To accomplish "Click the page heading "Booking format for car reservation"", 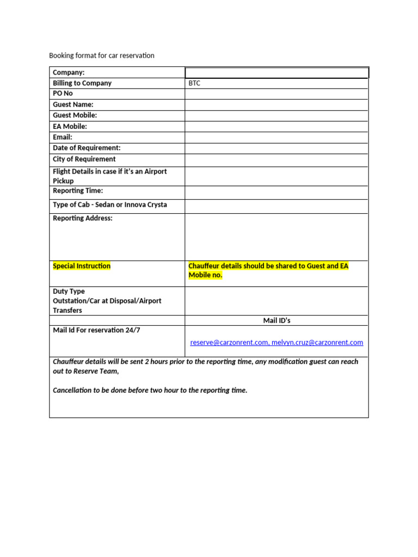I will [x=102, y=55].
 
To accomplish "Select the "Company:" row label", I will [x=69, y=72].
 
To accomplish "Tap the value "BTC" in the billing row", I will [x=194, y=83].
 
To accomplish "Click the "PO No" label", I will [x=63, y=94].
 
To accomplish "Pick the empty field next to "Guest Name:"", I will [x=276, y=104].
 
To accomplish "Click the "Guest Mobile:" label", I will [x=75, y=115].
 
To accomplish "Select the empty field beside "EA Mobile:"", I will [x=276, y=126].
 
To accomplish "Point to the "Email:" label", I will [x=63, y=137].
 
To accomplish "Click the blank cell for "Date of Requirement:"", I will [x=276, y=148].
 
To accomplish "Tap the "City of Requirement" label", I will [x=84, y=159].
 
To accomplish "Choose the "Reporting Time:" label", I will [x=78, y=191].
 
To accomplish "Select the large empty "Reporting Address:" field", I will [x=276, y=237].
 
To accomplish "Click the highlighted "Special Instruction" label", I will [x=82, y=266].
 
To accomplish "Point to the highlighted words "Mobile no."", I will [x=206, y=275].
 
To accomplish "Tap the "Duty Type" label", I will [x=69, y=292].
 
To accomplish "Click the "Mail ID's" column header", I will [x=276, y=320].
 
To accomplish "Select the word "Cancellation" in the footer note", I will [x=73, y=391].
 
